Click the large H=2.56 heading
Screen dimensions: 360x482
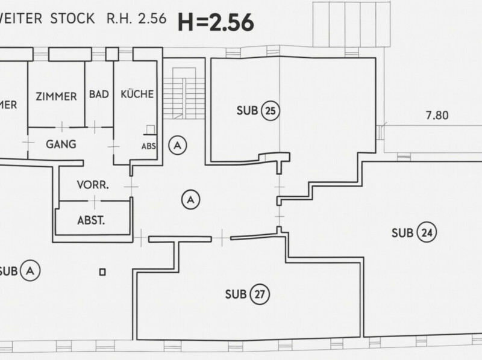215,22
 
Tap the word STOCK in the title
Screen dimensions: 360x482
72,18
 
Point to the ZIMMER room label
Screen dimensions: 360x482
56,96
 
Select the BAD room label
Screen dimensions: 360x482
98,95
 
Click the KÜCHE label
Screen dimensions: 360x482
137,95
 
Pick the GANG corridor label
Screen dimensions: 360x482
61,144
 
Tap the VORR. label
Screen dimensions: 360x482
93,185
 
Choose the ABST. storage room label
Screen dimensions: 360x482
92,220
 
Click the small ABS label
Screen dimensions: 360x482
148,146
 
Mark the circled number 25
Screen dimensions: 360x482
271,111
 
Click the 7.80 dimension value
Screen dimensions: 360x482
437,116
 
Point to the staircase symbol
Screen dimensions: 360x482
183,93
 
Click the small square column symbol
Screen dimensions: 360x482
102,272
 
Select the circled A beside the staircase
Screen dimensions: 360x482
177,144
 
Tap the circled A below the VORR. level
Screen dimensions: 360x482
190,199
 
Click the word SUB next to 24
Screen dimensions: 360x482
402,233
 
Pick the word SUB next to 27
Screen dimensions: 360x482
236,294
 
